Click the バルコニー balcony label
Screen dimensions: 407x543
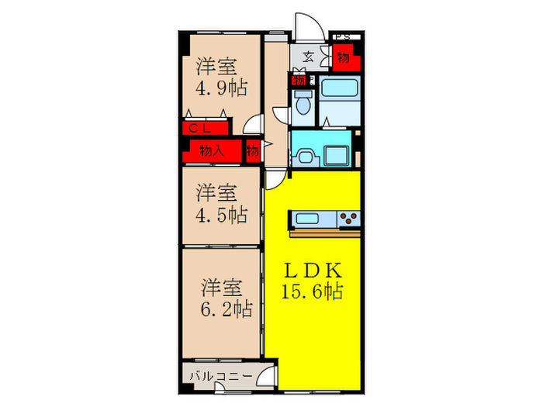[220, 376]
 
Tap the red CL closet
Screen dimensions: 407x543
[202, 129]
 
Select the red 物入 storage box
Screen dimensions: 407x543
[212, 150]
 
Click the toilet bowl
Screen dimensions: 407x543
[304, 103]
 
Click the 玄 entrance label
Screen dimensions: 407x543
[308, 57]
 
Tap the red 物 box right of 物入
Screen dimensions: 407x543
[253, 150]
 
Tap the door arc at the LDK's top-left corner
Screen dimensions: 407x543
[277, 179]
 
